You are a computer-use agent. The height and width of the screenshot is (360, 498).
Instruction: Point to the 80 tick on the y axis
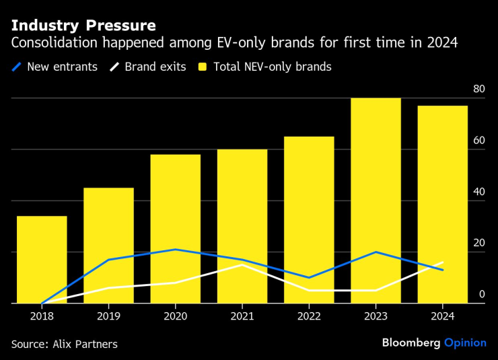point(478,89)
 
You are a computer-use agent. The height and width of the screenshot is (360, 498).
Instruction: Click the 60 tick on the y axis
point(478,140)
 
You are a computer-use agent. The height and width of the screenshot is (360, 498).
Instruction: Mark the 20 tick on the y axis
point(478,243)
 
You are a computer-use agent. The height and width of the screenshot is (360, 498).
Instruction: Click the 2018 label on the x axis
point(42,316)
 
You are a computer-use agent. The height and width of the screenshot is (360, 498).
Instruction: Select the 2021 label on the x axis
point(242,316)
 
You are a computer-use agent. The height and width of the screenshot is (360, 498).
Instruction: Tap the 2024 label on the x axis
point(443,316)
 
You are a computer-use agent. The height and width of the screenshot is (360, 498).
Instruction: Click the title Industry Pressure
point(83,26)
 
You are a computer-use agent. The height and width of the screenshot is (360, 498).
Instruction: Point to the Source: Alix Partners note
point(65,344)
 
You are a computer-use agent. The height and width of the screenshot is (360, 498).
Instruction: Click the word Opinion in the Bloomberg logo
point(465,343)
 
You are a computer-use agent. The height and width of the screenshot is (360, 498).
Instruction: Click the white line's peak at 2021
point(242,264)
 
